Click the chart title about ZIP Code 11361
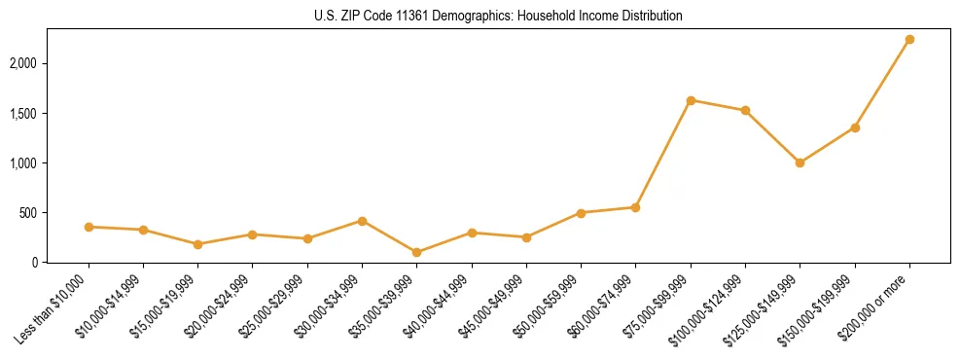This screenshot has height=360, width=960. [498, 17]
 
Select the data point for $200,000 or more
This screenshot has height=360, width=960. [909, 40]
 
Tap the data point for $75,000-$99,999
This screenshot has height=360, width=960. [691, 100]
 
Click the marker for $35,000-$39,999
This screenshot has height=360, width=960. [416, 252]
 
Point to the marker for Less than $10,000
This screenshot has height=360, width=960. [89, 227]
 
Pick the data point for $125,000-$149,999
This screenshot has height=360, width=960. [800, 162]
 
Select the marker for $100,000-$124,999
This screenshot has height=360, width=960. [745, 111]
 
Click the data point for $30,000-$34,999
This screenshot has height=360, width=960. [362, 221]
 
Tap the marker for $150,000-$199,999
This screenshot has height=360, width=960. [855, 127]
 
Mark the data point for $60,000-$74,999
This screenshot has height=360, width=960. [635, 207]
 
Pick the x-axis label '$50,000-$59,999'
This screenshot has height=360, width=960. [550, 306]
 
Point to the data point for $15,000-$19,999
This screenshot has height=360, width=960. [197, 244]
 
